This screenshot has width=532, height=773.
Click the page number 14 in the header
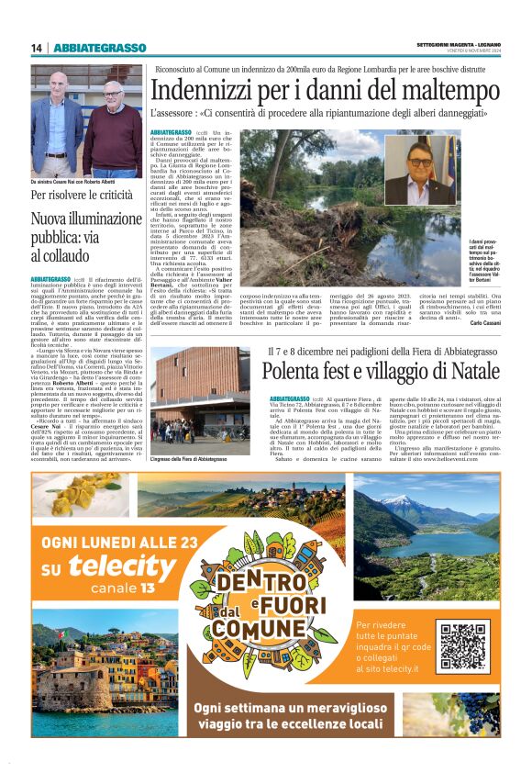pos(37,48)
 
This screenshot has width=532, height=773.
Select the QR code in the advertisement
pos(461,646)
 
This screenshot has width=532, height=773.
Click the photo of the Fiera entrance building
pos(199,400)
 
